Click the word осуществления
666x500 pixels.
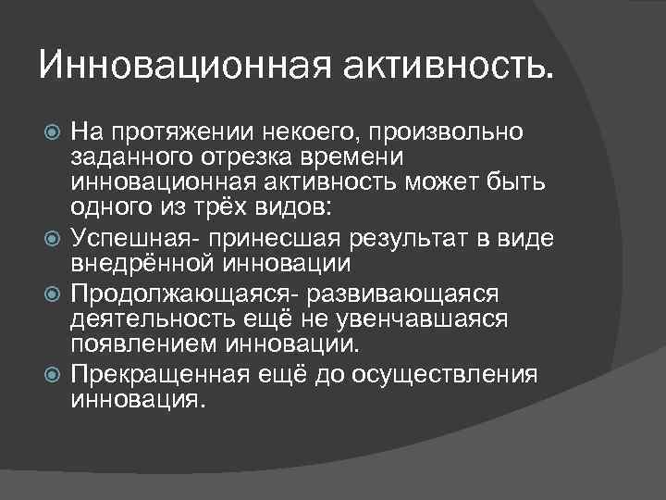452,374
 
